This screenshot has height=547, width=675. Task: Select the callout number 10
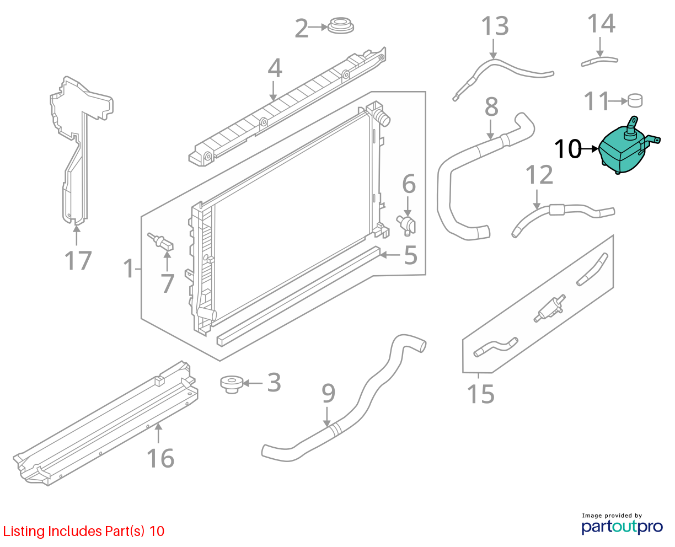[x=568, y=149]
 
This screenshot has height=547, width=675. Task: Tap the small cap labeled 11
[x=635, y=100]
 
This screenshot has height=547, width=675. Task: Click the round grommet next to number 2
[x=340, y=26]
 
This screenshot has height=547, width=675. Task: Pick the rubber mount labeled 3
[x=232, y=385]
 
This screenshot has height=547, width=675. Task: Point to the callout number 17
[x=78, y=260]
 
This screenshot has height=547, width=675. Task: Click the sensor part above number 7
[x=160, y=242]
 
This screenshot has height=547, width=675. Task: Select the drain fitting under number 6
[x=406, y=224]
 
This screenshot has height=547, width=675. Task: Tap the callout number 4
[x=275, y=68]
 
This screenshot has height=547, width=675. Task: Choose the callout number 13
[x=495, y=26]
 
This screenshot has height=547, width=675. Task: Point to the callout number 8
[x=491, y=106]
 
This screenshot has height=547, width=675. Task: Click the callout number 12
[x=539, y=174]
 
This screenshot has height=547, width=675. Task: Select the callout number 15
[x=480, y=394]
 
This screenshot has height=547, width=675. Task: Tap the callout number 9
[x=328, y=393]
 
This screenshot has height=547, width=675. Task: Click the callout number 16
[x=160, y=458]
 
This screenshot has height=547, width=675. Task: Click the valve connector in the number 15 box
[x=549, y=308]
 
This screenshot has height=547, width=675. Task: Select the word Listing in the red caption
[x=25, y=531]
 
